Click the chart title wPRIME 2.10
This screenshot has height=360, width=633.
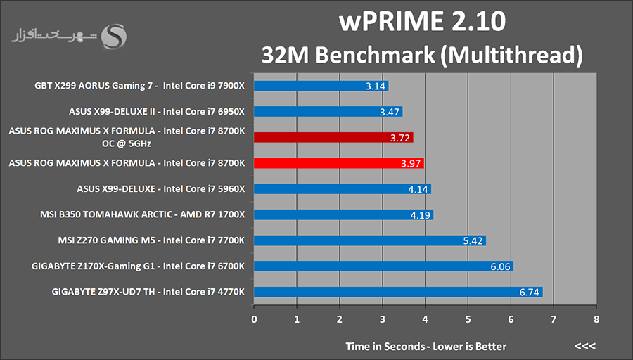click(x=422, y=22)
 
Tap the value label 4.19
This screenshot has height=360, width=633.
click(x=420, y=215)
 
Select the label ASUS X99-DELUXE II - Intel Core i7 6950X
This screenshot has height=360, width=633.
click(x=157, y=111)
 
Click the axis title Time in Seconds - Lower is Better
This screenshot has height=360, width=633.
click(x=426, y=347)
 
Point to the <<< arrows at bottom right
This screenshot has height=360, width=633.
click(x=584, y=347)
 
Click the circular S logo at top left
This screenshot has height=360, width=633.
click(x=115, y=36)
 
